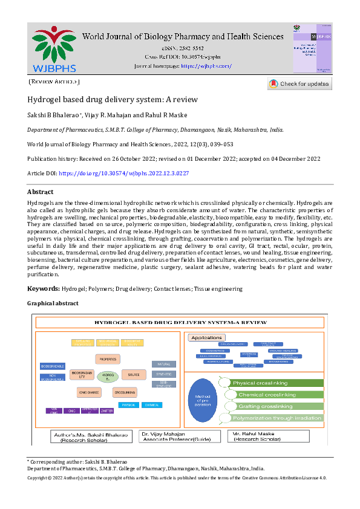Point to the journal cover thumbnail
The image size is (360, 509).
coord(312,49)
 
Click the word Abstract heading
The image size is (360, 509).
coord(41,192)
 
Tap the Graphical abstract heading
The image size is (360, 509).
coord(53,303)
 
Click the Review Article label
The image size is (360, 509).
coord(54,81)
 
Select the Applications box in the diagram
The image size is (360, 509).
coord(206,337)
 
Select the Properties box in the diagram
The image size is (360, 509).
coord(108,358)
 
